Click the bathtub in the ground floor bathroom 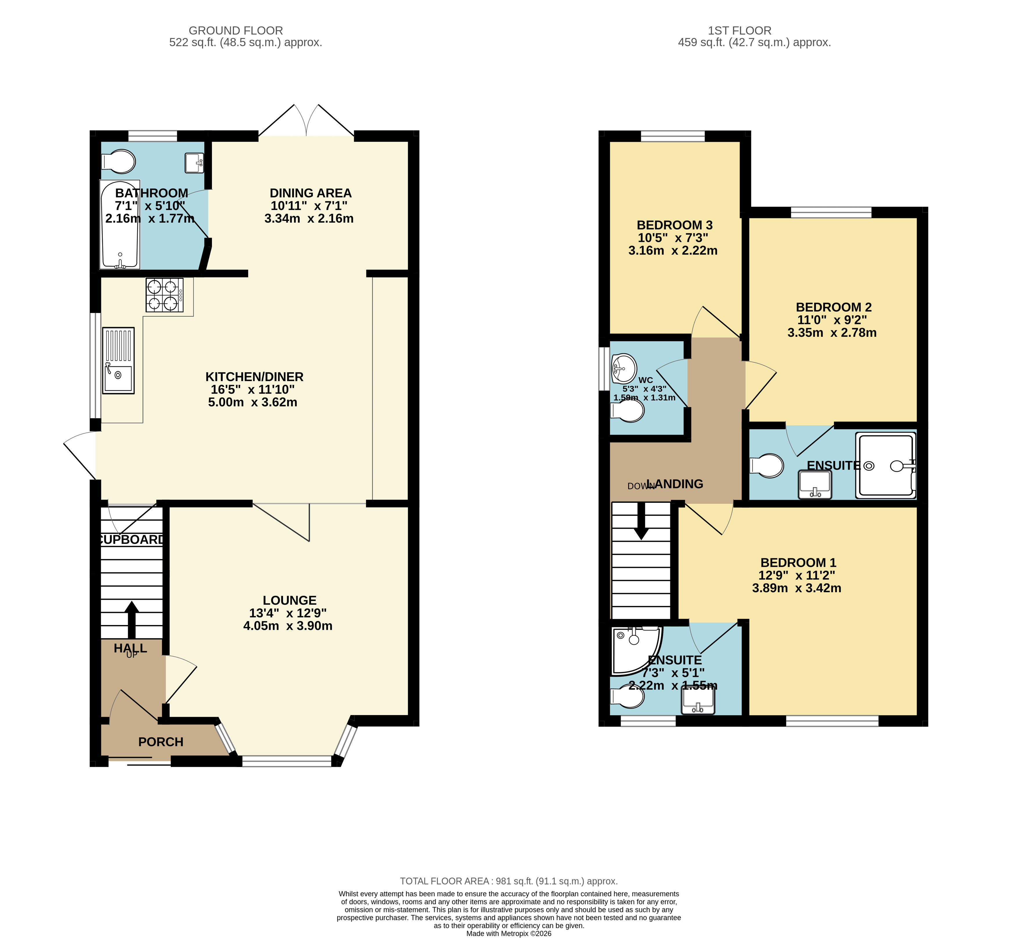[x=120, y=224]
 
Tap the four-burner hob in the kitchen [x=164, y=295]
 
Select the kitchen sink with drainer [x=118, y=360]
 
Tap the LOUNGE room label [x=289, y=600]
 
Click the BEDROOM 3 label [x=675, y=225]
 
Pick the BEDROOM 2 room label [x=834, y=307]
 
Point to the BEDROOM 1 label [x=798, y=562]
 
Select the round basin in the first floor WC [x=624, y=368]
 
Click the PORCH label [x=161, y=742]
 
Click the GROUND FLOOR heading [x=236, y=30]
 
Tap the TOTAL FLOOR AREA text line [x=509, y=881]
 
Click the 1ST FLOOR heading [x=740, y=30]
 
